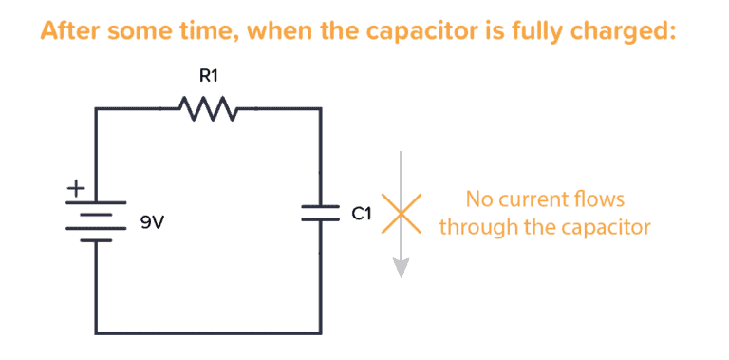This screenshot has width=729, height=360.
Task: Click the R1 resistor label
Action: coord(208,75)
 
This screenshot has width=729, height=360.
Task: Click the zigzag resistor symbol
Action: coord(208,109)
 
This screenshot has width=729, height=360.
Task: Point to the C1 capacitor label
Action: coord(361,214)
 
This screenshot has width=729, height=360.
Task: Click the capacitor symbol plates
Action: coord(320,214)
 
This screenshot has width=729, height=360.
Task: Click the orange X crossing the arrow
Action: coord(401,213)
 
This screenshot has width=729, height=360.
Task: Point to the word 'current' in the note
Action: coord(533,199)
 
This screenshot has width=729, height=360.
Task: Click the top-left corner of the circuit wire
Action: coord(96,109)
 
